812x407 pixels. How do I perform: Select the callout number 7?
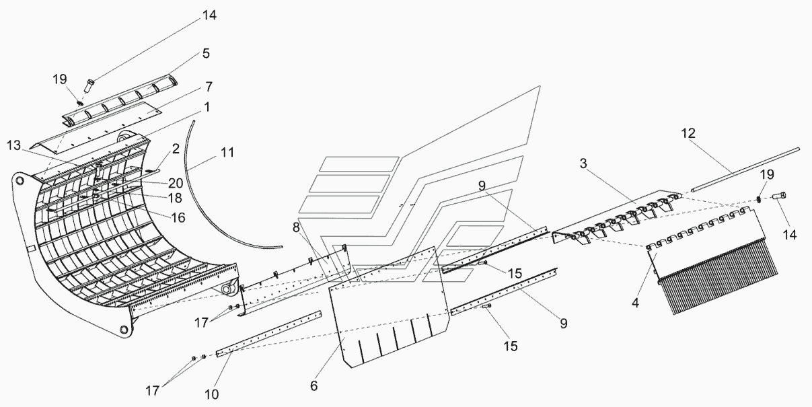pyautogui.click(x=209, y=87)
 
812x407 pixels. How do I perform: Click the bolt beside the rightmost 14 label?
pyautogui.click(x=781, y=196)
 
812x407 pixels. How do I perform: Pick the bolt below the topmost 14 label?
pyautogui.click(x=89, y=84)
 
